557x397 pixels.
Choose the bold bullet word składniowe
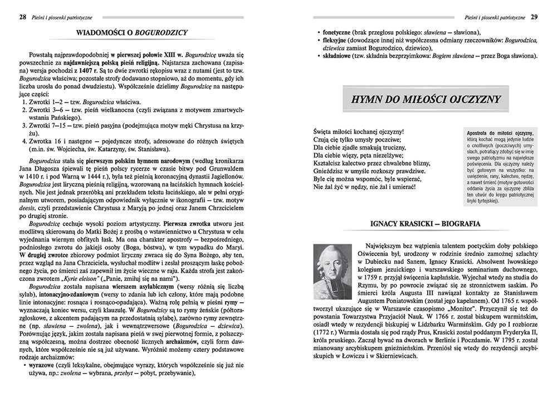click(336, 56)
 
